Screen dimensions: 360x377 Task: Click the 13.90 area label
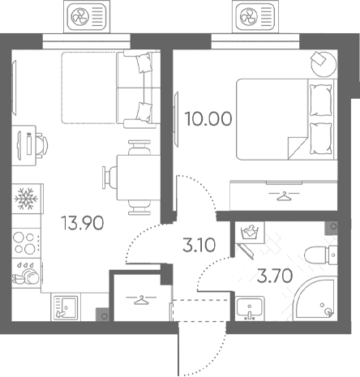[83, 223]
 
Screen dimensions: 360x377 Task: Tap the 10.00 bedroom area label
[208, 119]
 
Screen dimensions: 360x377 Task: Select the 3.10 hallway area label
[199, 245]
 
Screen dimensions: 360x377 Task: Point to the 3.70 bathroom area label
[275, 276]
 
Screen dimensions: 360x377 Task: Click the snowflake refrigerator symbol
[26, 199]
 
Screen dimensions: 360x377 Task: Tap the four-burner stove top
[26, 242]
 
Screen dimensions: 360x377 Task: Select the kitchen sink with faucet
[66, 307]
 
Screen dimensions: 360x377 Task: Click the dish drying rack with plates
[26, 273]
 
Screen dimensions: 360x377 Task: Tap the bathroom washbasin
[250, 308]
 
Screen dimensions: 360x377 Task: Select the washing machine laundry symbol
[250, 233]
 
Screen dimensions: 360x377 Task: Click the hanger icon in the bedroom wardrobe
[284, 195]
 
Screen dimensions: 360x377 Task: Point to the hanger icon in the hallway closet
[141, 300]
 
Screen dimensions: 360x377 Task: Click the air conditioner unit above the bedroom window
[255, 17]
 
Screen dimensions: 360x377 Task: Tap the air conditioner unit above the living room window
[87, 17]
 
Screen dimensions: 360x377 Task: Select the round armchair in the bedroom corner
[324, 64]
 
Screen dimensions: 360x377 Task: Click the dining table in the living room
[139, 178]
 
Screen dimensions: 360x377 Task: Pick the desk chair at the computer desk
[41, 145]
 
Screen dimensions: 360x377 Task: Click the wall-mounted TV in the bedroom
[177, 119]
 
